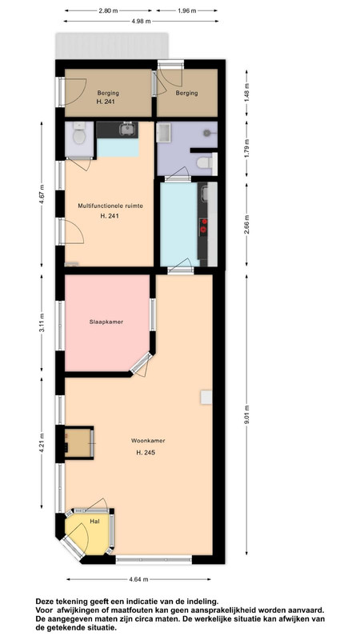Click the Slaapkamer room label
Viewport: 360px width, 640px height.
pos(106,322)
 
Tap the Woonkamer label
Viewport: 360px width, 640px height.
pos(148,441)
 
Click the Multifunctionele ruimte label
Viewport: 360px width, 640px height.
pos(110,206)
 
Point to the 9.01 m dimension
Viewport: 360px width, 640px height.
pos(246,414)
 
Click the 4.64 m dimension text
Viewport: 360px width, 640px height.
pos(138,578)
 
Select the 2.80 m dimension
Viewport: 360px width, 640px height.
pos(108,11)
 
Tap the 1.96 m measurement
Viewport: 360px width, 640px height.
pos(186,11)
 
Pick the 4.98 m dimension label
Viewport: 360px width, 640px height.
pos(141,22)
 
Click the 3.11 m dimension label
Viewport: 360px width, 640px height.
pos(42,323)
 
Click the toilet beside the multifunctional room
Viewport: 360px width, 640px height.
pos(79,134)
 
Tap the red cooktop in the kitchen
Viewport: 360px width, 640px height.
pos(203,226)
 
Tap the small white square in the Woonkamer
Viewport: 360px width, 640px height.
pos(206,397)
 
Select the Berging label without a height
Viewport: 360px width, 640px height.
pos(186,93)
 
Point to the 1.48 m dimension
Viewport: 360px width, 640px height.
pos(246,92)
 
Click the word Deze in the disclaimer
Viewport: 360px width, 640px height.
pos(44,602)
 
